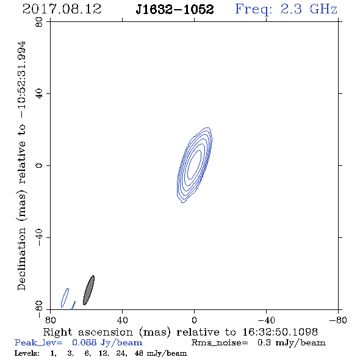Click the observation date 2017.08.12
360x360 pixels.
tap(62, 9)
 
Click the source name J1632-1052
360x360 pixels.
tap(175, 10)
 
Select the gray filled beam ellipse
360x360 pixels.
tap(88, 290)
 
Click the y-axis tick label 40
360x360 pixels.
tap(39, 94)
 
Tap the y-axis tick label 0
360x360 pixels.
tap(39, 165)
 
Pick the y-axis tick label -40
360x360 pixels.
tap(39, 237)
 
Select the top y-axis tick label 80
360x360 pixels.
tap(39, 22)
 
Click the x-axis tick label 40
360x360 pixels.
tap(122, 320)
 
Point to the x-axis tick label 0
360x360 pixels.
tap(194, 320)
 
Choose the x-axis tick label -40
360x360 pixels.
tap(266, 320)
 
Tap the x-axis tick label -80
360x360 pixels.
tap(338, 320)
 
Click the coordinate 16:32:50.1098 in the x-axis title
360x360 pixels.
tap(280, 332)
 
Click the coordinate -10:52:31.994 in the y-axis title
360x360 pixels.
tap(23, 80)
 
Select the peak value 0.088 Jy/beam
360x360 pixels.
tap(107, 343)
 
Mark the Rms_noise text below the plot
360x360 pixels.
tap(220, 343)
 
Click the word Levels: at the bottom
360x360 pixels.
tap(27, 353)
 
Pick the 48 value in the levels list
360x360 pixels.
tap(139, 353)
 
